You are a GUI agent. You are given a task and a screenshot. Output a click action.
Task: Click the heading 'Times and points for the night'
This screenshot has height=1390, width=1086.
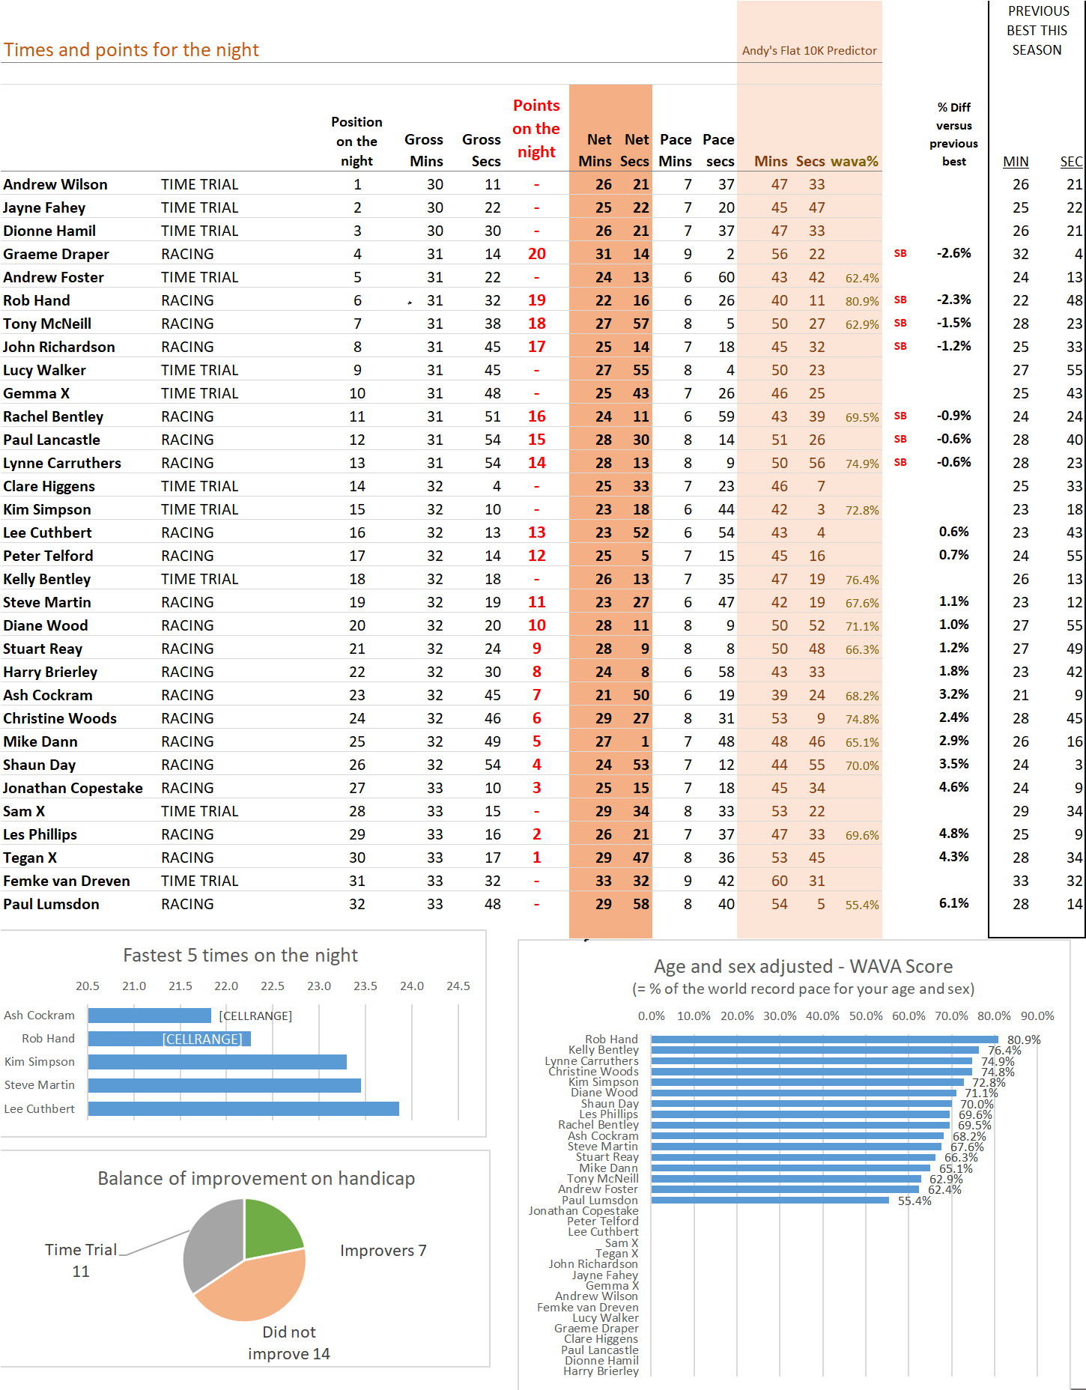click(x=131, y=49)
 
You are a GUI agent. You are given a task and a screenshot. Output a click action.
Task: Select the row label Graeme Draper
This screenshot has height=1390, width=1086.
click(x=56, y=254)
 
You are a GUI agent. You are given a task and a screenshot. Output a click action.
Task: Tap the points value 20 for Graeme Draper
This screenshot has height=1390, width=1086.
click(x=537, y=254)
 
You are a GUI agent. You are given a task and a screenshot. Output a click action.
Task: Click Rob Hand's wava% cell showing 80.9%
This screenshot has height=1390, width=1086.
click(x=862, y=301)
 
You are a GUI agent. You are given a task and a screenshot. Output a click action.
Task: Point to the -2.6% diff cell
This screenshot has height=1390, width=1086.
click(x=954, y=253)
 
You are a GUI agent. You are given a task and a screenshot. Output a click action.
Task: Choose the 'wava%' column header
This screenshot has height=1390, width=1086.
click(x=855, y=161)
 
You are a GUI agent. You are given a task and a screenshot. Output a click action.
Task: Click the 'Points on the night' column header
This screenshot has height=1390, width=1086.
click(x=536, y=129)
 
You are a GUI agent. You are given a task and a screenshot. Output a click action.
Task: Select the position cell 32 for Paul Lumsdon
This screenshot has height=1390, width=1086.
click(x=357, y=904)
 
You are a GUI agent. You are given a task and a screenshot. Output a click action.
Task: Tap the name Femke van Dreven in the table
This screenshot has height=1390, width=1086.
click(x=67, y=881)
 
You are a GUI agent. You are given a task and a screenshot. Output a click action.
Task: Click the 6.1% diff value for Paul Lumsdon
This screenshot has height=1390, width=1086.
click(x=954, y=903)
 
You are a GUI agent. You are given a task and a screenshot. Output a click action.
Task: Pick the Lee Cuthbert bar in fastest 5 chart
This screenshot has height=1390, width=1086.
click(x=243, y=1108)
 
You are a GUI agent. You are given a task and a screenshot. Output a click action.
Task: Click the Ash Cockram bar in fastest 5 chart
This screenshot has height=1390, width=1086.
click(x=150, y=1016)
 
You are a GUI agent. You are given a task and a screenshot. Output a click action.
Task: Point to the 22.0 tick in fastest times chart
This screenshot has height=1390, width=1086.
click(x=226, y=986)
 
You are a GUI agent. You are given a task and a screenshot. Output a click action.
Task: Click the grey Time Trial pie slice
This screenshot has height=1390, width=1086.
click(x=211, y=1243)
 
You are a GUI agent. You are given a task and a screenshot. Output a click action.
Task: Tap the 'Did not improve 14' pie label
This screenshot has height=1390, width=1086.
click(x=289, y=1343)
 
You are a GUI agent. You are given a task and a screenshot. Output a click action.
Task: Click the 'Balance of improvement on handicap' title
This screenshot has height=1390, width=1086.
click(x=256, y=1178)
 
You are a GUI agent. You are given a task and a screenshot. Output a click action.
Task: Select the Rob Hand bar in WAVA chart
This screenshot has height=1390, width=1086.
click(x=825, y=1040)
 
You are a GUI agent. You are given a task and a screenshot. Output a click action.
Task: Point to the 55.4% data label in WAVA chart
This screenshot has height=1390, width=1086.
click(x=914, y=1201)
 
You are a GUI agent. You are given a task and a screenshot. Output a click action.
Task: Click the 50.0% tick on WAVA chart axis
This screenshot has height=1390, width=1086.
click(x=866, y=1016)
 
